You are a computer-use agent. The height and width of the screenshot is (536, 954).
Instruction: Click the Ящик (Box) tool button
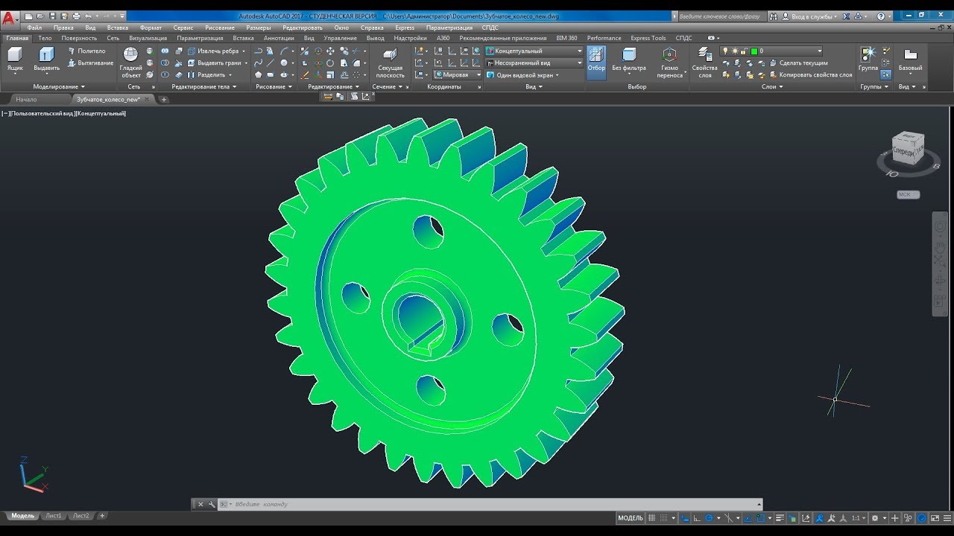15,60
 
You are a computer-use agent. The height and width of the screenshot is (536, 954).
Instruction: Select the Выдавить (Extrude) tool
46,60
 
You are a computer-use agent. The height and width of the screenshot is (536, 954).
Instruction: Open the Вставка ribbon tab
243,38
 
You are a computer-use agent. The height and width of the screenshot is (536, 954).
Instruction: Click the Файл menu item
34,28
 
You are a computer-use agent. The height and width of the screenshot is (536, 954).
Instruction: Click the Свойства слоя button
704,62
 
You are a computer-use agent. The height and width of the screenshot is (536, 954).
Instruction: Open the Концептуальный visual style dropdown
534,51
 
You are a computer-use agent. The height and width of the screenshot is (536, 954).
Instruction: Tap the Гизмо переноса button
669,62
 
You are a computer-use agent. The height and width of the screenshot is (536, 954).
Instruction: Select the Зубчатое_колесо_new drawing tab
108,99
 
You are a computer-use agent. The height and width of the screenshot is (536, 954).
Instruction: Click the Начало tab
26,99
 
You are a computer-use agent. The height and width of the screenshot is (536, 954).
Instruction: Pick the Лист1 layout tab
54,515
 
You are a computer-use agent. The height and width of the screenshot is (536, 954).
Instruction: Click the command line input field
484,504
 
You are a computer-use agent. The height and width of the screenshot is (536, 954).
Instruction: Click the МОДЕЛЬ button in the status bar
630,518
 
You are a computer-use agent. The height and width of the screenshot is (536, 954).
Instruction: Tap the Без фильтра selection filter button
628,60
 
